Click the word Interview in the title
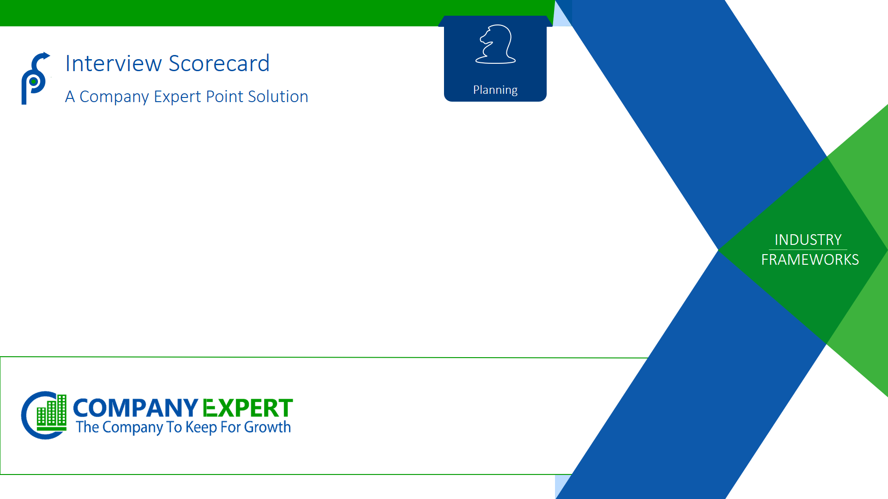[x=113, y=63]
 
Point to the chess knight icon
[x=495, y=44]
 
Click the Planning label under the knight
[x=495, y=90]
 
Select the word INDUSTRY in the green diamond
[x=808, y=240]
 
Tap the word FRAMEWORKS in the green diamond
[x=810, y=260]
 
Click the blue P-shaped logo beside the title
[x=35, y=79]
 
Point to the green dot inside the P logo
[x=33, y=82]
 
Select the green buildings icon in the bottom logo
[x=51, y=412]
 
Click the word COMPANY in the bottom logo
[x=136, y=408]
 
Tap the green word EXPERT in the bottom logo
[x=247, y=408]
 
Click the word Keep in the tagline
[x=201, y=427]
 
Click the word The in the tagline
[x=88, y=427]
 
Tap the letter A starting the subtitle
[x=70, y=97]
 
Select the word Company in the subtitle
[x=114, y=97]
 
